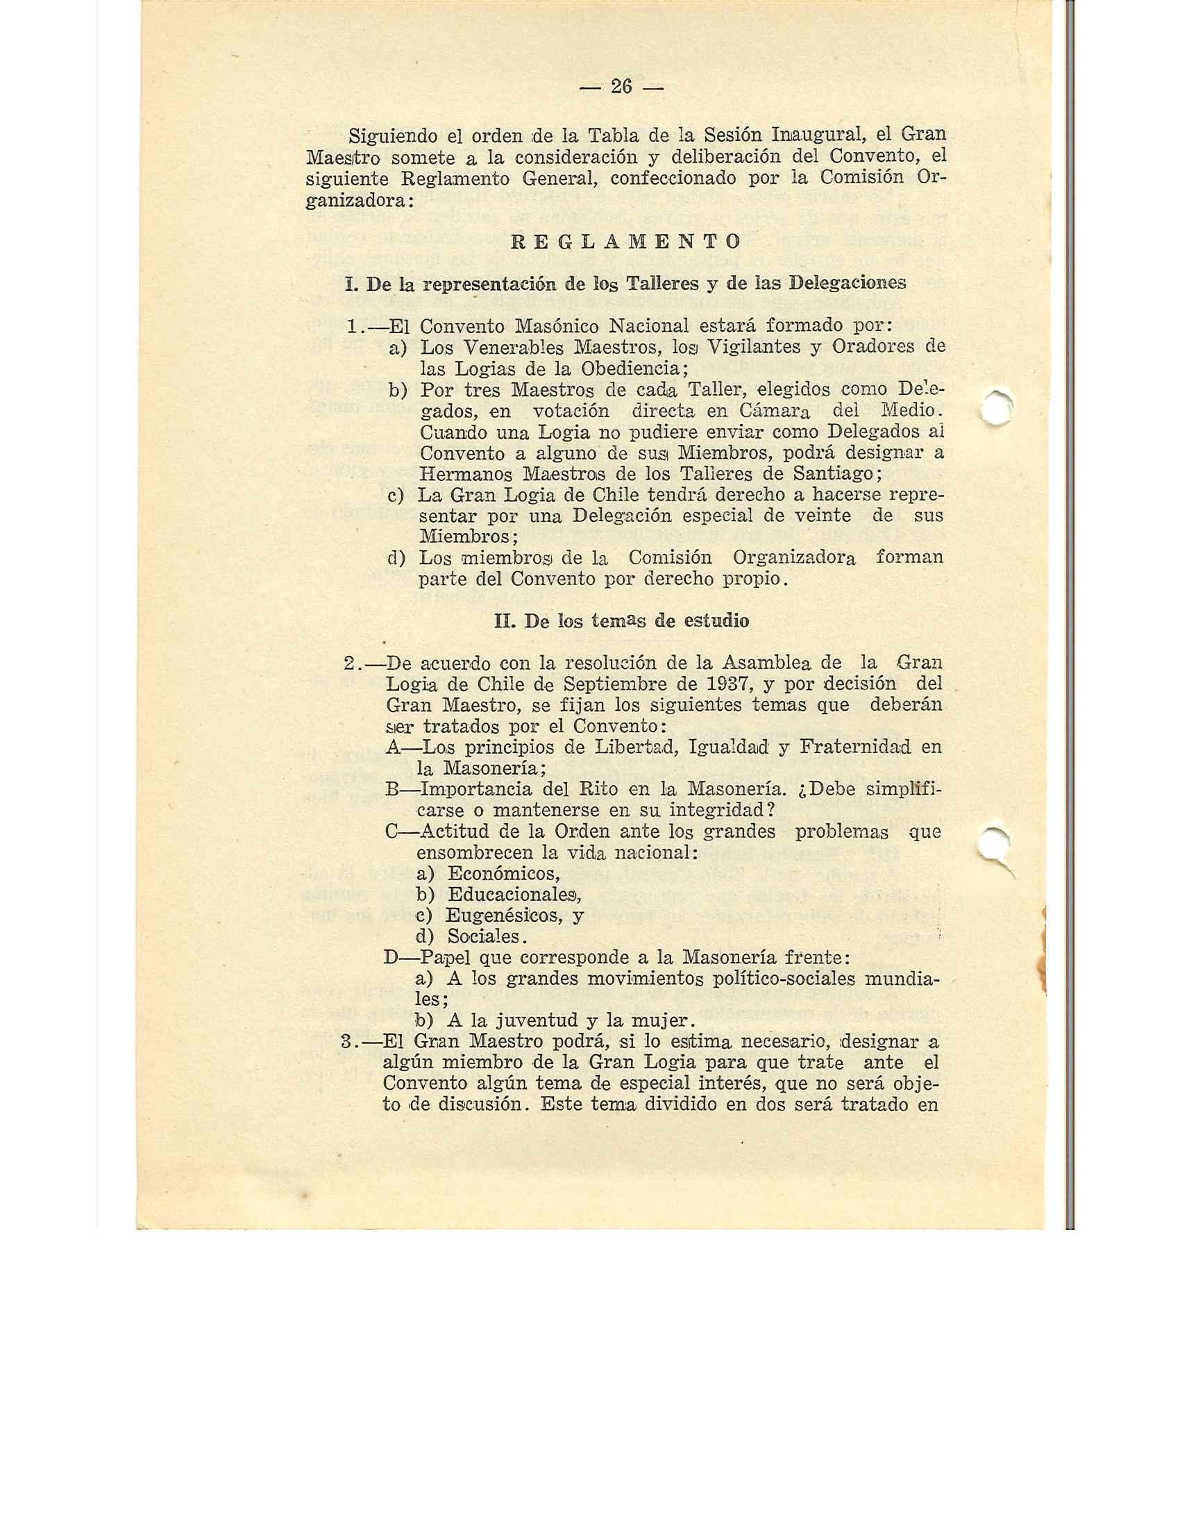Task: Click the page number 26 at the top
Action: [x=621, y=87]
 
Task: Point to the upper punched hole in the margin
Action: [x=995, y=407]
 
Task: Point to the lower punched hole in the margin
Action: [x=995, y=844]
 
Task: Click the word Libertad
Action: [x=631, y=747]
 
